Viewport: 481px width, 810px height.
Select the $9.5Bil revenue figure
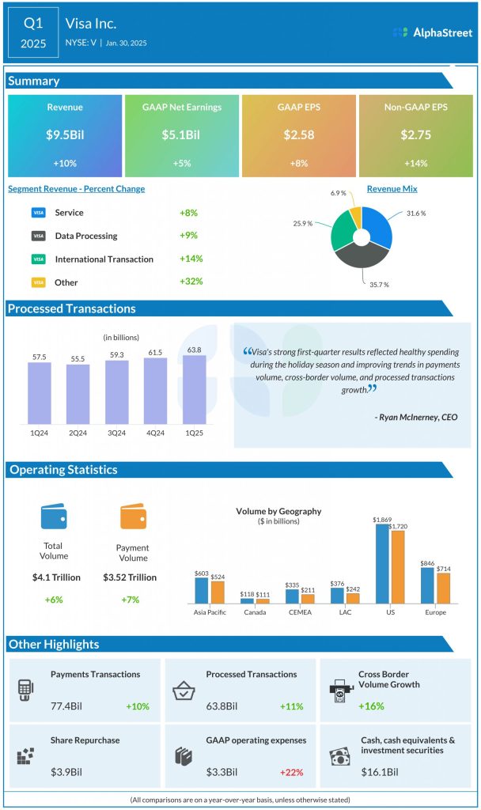point(65,135)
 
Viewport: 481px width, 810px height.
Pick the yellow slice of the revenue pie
point(356,218)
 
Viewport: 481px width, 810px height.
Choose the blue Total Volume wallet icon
point(53,517)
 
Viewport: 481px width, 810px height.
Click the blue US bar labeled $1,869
point(382,563)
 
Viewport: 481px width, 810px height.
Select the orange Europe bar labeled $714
point(443,588)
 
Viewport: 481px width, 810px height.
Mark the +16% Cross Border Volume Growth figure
point(370,706)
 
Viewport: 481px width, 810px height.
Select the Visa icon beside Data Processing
point(38,236)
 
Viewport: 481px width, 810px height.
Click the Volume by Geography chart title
point(278,512)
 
